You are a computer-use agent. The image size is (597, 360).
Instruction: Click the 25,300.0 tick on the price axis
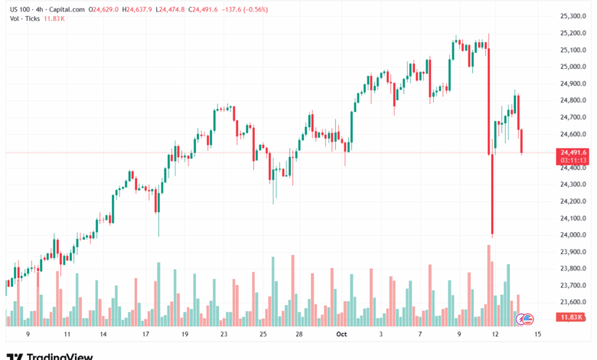573,16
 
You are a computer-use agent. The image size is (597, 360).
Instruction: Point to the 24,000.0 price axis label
573,235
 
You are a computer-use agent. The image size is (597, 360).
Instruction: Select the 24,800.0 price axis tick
573,100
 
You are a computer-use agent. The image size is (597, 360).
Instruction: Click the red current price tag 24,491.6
573,152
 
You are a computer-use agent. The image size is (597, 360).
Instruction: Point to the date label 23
223,334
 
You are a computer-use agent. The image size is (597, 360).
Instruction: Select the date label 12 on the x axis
495,334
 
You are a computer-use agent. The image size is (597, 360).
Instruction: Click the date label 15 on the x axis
538,334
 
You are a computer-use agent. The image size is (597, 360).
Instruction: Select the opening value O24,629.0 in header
107,10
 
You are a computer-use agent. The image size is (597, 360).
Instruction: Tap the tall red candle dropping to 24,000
491,191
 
